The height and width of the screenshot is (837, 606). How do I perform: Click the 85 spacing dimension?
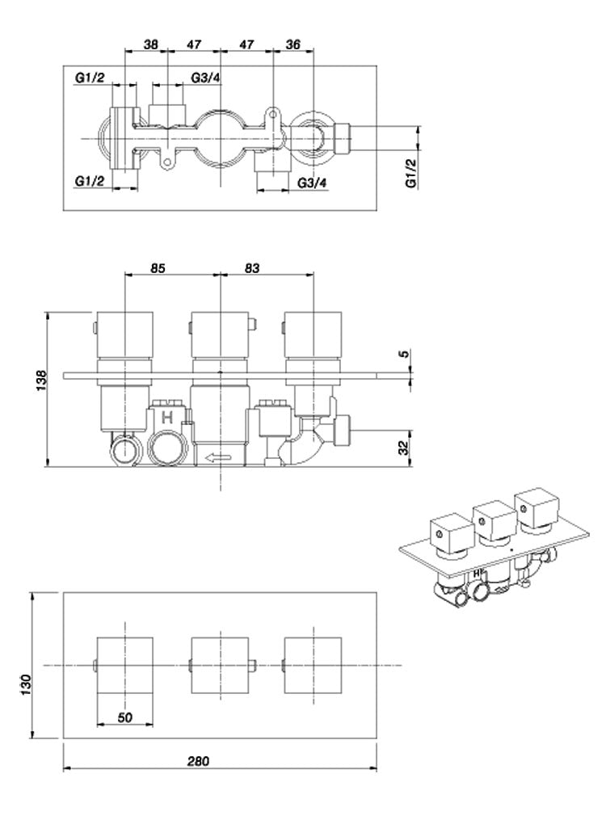coord(158,269)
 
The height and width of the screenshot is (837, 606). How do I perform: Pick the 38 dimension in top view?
coord(151,46)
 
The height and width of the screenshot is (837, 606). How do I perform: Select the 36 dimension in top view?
coord(293,46)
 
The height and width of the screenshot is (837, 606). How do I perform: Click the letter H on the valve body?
coord(168,418)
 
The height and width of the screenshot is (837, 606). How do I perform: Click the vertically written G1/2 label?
coord(410,173)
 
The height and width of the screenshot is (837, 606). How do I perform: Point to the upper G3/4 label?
coord(206,77)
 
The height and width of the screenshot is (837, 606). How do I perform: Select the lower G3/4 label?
coord(312,183)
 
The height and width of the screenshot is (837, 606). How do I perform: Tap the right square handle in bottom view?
coord(314,665)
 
